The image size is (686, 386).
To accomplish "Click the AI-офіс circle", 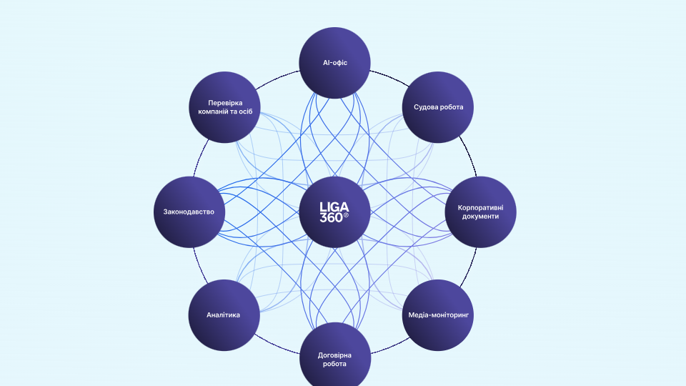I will click(x=334, y=63).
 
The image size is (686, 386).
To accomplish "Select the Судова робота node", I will click(x=438, y=107).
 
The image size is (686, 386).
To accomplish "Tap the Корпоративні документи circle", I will click(x=480, y=212).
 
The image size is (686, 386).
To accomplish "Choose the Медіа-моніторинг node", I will click(x=438, y=315).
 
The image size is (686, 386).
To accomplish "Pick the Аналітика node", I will click(x=223, y=315).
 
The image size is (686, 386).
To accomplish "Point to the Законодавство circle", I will click(x=189, y=212).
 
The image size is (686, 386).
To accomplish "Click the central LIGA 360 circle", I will click(x=334, y=212).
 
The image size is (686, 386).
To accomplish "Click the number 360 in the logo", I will click(x=331, y=217).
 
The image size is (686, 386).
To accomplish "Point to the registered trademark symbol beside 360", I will click(x=347, y=215).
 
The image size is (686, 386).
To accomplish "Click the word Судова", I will click(x=427, y=107).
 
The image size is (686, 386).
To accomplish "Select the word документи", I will click(x=480, y=217).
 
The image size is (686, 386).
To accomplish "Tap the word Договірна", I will click(x=334, y=355).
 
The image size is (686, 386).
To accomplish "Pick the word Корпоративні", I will click(x=480, y=207).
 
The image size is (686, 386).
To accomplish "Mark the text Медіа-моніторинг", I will click(x=438, y=315).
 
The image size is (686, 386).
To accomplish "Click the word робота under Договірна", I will click(x=334, y=364).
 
